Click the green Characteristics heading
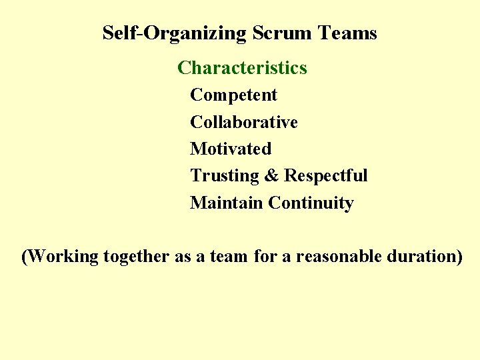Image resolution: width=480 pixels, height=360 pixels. tap(242, 68)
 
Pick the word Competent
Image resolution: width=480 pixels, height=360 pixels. tap(233, 95)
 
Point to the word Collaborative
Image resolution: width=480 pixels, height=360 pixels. tap(243, 123)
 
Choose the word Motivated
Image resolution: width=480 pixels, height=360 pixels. tap(231, 149)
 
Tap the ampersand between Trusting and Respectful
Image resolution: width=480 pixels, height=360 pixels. tap(271, 176)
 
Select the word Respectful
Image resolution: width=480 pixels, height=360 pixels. tap(325, 176)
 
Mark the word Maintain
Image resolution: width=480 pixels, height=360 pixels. tap(227, 203)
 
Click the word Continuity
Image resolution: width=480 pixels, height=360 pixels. tap(311, 203)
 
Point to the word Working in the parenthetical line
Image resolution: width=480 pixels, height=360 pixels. tap(64, 257)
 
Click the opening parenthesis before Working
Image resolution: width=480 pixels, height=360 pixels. tap(25, 257)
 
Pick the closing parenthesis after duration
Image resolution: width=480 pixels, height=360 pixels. tap(459, 257)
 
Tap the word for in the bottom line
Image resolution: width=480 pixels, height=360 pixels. tap(264, 257)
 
